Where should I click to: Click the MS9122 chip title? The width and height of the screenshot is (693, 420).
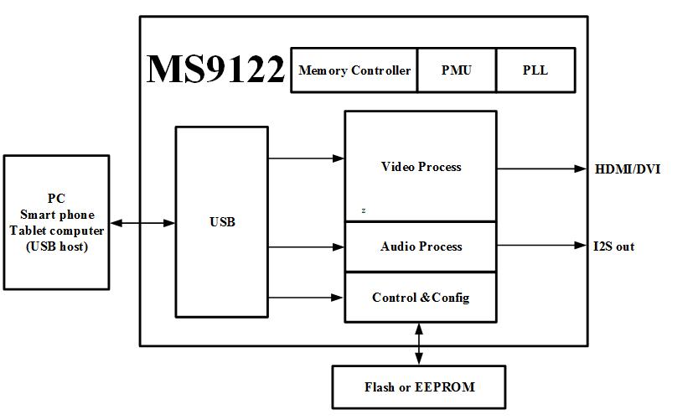point(215,69)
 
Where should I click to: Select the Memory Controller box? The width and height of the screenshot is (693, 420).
point(354,70)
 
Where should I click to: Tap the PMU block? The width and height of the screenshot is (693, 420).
point(457,70)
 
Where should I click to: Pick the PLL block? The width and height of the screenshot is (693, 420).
point(535,70)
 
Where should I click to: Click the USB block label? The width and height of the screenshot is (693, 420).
point(222,222)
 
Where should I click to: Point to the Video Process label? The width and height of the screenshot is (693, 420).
point(421,167)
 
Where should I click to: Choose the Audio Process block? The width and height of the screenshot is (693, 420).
point(421,246)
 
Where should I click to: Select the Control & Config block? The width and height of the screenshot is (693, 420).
point(421,297)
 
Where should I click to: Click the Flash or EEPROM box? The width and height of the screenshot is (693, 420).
point(419,386)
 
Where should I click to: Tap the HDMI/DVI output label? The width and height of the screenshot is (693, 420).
point(628,169)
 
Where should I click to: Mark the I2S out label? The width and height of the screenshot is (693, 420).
point(614,246)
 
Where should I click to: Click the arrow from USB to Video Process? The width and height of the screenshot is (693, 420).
point(307,158)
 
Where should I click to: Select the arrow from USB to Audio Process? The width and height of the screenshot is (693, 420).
point(307,247)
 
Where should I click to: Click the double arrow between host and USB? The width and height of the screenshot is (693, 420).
point(142,223)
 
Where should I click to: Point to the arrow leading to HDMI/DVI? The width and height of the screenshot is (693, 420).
point(542,169)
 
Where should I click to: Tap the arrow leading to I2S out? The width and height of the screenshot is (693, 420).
point(542,246)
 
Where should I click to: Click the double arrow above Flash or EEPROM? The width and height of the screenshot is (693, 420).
point(419,344)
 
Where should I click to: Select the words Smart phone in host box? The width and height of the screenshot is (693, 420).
point(58,215)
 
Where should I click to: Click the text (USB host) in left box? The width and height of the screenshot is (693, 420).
point(57,246)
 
